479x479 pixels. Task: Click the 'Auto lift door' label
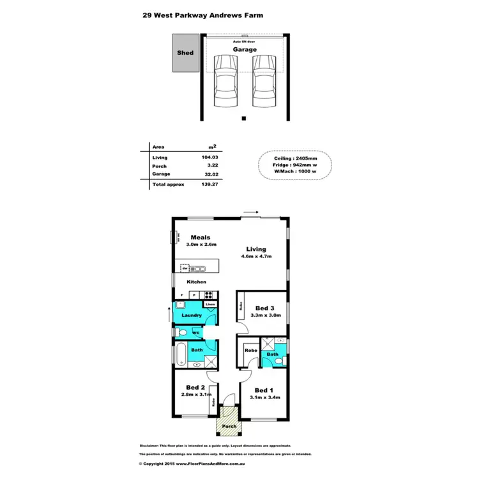click(244, 40)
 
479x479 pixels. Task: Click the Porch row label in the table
click(160, 166)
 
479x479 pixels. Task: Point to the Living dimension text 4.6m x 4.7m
click(257, 257)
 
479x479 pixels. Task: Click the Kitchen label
click(196, 282)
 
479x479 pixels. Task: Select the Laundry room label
click(192, 316)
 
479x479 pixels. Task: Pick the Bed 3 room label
click(264, 308)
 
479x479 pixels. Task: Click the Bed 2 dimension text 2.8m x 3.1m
click(195, 395)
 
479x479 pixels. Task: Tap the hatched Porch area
click(229, 422)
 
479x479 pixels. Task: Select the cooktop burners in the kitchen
click(208, 294)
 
